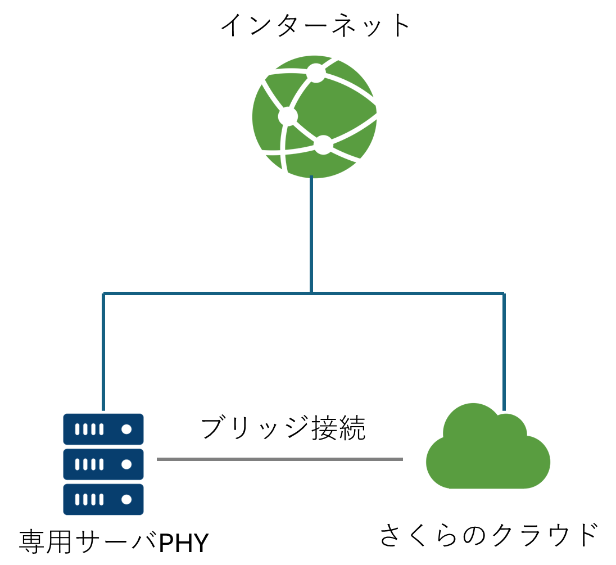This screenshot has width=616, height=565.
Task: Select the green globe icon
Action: point(314,117)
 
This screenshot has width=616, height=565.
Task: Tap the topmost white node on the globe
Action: point(316,73)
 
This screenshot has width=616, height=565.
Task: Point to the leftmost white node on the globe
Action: point(288,116)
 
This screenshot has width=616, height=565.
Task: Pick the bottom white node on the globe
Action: point(323,145)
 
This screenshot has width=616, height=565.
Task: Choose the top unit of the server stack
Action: point(103,429)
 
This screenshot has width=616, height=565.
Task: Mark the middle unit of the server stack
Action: point(103,464)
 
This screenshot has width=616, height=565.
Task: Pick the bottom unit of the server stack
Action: point(103,499)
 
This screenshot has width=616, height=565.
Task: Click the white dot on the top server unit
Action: point(126,429)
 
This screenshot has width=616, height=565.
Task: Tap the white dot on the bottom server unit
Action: point(126,499)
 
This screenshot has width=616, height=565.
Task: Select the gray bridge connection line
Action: point(280,459)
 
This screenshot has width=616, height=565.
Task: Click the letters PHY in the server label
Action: point(184,544)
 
